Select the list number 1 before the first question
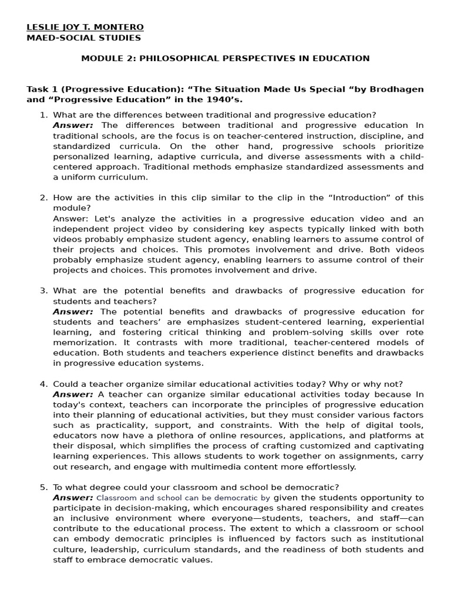coord(43,115)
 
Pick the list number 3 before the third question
coord(43,291)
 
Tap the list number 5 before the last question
coord(43,487)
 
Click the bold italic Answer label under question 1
coord(73,125)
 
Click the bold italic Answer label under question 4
coord(73,394)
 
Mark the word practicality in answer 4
coord(107,426)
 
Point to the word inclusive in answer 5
coord(85,518)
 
